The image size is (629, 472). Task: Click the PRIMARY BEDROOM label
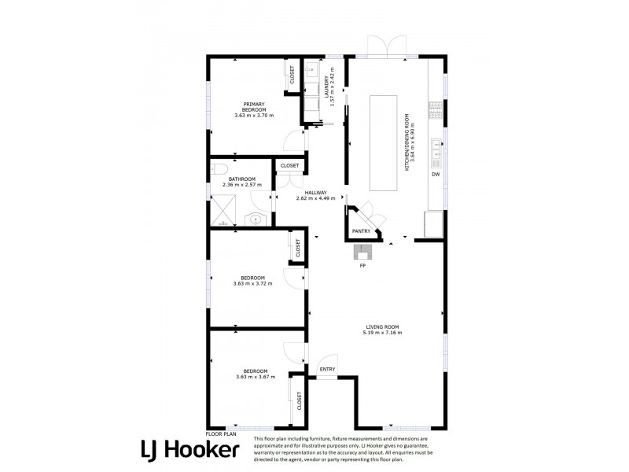point(254,107)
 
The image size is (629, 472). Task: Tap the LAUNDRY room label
point(326,87)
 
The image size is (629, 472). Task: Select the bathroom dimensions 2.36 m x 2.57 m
point(242,185)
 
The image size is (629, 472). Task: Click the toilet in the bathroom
point(219,169)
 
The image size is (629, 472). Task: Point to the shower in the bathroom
point(223,211)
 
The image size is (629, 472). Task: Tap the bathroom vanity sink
point(256,219)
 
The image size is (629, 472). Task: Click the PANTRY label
point(361,231)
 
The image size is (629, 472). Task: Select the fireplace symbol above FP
point(363,253)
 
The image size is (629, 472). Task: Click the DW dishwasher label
point(436,174)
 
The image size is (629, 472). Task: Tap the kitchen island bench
point(384,143)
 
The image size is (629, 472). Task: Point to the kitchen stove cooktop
point(436,111)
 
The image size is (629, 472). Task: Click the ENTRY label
point(327,369)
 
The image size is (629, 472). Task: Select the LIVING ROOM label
point(382,326)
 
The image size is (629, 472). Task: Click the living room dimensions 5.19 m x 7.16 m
point(382,332)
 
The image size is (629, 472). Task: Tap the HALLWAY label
point(316,193)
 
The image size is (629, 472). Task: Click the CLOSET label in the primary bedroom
point(292,75)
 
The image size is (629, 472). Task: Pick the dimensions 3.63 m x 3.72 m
point(252,283)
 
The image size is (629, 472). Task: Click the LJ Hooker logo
point(190,450)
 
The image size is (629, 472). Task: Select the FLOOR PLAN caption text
point(221,434)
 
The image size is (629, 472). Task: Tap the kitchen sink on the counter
point(436,149)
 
